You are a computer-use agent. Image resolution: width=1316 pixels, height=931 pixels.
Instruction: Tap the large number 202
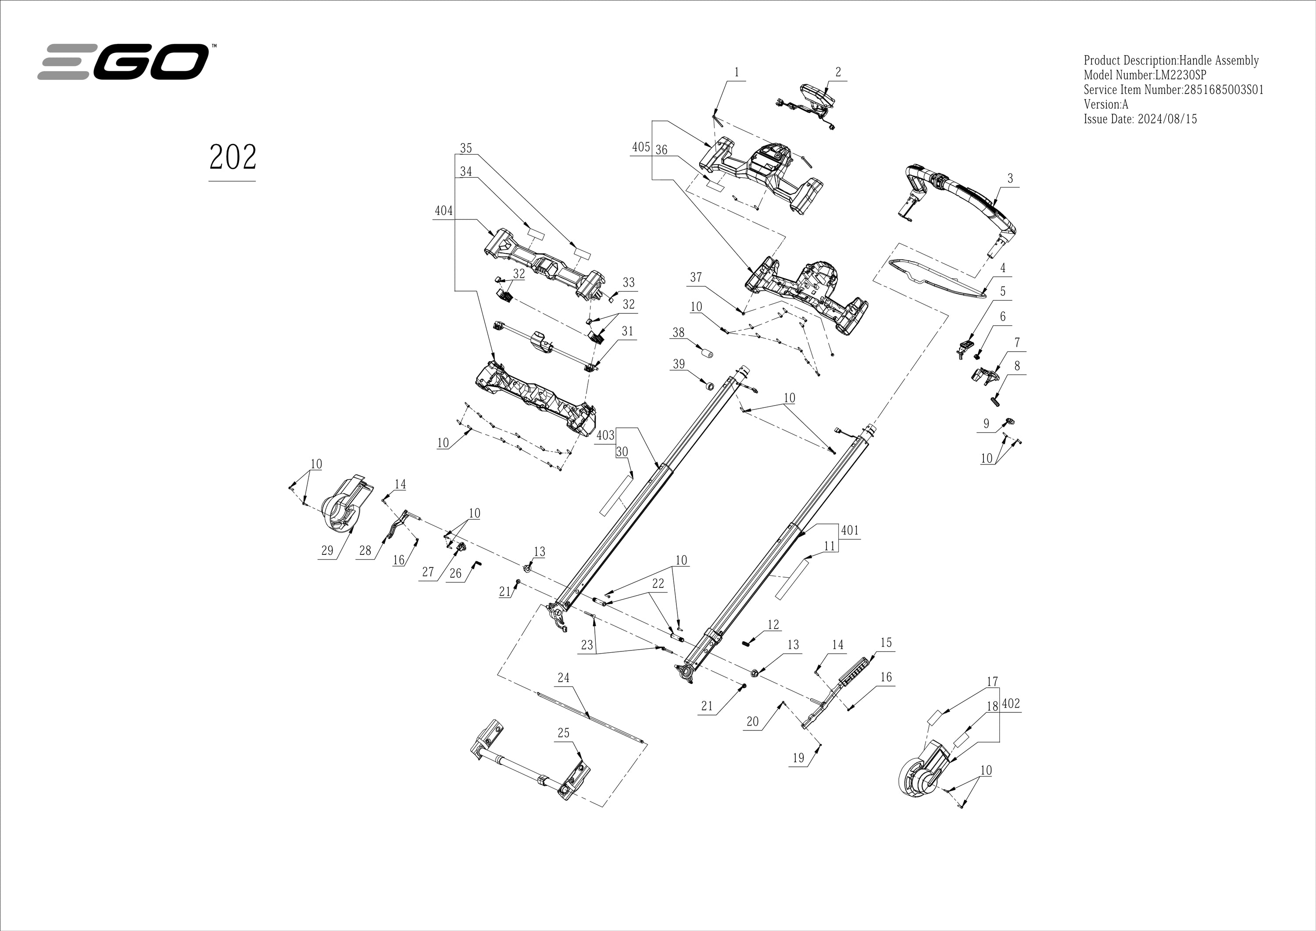tap(232, 157)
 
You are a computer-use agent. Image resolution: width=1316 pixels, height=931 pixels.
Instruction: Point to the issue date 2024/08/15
tap(1166, 119)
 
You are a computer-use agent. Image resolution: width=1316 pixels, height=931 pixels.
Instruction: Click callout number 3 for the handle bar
tap(1010, 178)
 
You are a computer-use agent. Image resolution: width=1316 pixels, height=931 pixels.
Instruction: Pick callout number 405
tap(641, 147)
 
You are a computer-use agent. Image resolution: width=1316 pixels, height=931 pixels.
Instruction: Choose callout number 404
tap(443, 211)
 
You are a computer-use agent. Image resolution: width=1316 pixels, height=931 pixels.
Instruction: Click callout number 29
tap(327, 551)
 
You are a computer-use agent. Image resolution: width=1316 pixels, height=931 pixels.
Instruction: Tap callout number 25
tap(563, 733)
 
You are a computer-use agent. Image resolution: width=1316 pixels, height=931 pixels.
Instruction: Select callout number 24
tap(563, 678)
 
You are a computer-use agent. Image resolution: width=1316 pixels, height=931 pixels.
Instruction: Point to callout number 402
tap(1011, 704)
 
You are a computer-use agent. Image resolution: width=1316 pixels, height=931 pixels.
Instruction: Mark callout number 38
tap(679, 333)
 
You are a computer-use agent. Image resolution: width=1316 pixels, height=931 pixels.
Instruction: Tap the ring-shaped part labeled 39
tap(708, 385)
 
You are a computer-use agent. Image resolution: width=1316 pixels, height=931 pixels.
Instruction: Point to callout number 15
tap(886, 643)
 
